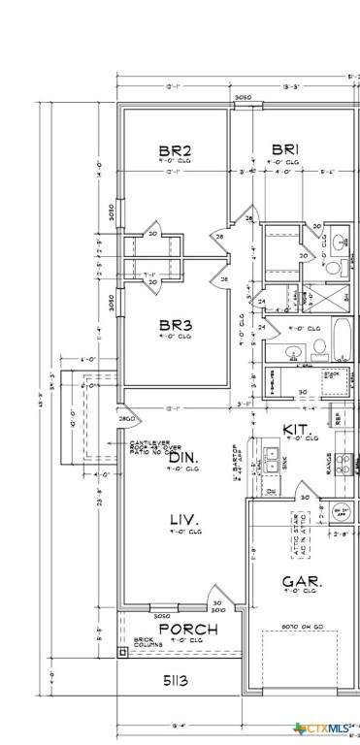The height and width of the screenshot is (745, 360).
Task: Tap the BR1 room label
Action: [284, 149]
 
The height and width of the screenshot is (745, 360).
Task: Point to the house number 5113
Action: [176, 682]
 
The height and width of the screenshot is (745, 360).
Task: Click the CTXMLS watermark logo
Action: [323, 727]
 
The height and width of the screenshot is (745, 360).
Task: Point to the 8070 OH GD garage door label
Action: [302, 628]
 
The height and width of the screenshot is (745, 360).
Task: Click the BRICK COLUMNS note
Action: [143, 642]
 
